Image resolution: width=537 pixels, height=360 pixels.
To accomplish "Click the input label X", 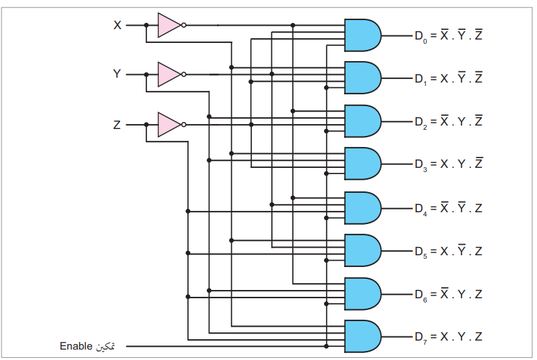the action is [117, 25].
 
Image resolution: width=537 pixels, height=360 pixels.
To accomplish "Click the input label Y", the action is [117, 74].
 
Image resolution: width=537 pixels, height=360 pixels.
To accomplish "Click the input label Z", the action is [117, 124].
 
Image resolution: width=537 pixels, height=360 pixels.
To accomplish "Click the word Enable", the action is [76, 346].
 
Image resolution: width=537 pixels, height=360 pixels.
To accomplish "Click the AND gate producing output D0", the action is [362, 35].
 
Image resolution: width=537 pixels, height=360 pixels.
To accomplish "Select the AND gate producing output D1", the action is [362, 78].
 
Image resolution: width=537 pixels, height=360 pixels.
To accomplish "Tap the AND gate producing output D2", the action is [362, 121].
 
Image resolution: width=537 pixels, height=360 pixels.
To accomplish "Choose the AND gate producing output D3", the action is [362, 164].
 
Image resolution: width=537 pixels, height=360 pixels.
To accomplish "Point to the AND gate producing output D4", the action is [362, 208].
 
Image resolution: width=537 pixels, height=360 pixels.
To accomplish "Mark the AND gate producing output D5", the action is [362, 250].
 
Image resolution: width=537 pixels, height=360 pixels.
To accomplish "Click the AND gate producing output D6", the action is [362, 294].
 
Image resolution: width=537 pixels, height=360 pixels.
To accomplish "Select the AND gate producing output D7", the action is [362, 336].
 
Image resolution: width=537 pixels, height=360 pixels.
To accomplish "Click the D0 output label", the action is [421, 36].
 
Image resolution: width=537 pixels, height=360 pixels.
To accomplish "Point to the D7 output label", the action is [421, 337].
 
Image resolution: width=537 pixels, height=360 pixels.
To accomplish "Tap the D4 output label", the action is [421, 209].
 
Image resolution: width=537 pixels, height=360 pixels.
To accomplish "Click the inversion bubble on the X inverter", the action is [184, 25].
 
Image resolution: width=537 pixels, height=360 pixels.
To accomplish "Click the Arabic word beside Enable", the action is [105, 346].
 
